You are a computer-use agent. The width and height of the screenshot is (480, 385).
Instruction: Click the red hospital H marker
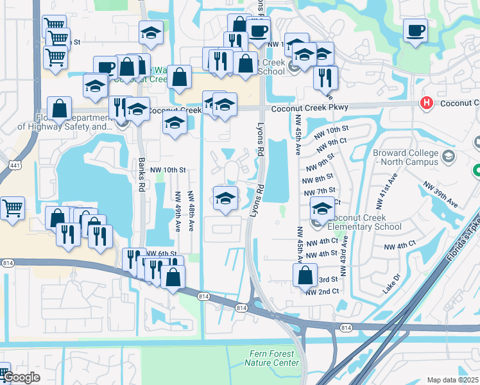pyautogui.click(x=425, y=103)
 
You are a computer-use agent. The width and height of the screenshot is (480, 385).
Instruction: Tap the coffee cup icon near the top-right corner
pyautogui.click(x=415, y=30)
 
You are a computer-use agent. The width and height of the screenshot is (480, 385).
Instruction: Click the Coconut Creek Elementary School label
pyautogui.click(x=364, y=222)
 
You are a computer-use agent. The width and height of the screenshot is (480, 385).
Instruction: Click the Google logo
pyautogui.click(x=21, y=377)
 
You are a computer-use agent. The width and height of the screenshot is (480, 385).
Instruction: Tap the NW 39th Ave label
pyautogui.click(x=440, y=194)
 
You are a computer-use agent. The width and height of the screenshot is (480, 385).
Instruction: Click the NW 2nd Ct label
pyautogui.click(x=322, y=292)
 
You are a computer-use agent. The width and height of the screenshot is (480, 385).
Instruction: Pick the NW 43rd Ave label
pyautogui.click(x=344, y=256)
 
